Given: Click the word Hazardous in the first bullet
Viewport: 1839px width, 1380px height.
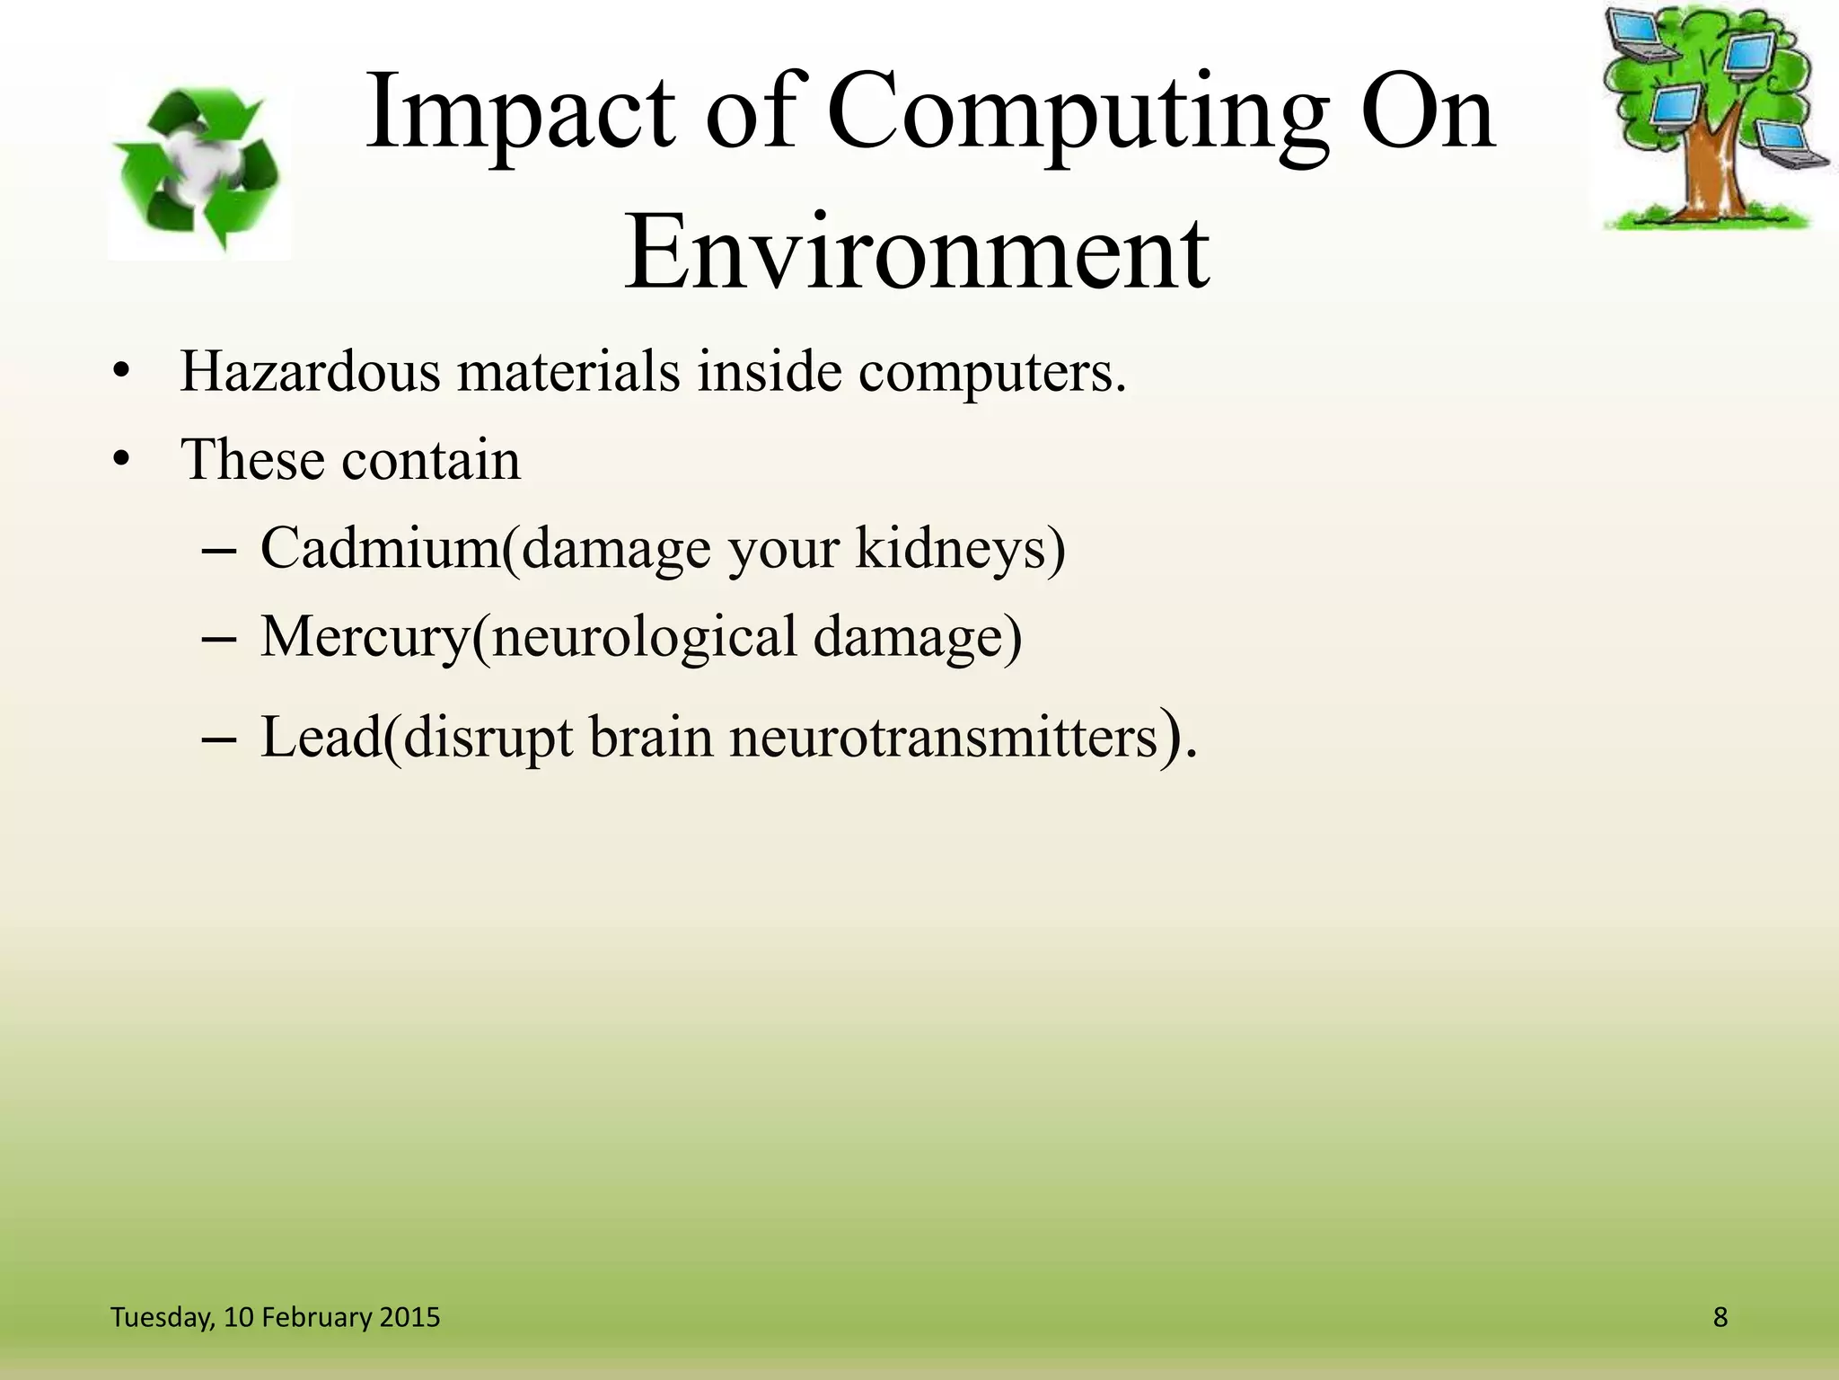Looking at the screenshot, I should click(x=310, y=370).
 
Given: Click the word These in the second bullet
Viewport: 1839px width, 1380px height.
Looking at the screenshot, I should click(x=252, y=460).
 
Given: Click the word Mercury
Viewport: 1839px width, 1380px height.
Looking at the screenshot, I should click(x=365, y=637).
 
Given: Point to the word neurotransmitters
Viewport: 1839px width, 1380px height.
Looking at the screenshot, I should click(x=943, y=738).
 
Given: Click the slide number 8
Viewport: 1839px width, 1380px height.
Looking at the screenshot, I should click(x=1720, y=1317).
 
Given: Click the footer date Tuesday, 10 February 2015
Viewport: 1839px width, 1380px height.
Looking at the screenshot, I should click(x=275, y=1317).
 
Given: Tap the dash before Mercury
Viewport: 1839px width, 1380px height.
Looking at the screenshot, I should click(x=219, y=641).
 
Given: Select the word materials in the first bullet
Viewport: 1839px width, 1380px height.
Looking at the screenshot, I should click(x=568, y=370).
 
